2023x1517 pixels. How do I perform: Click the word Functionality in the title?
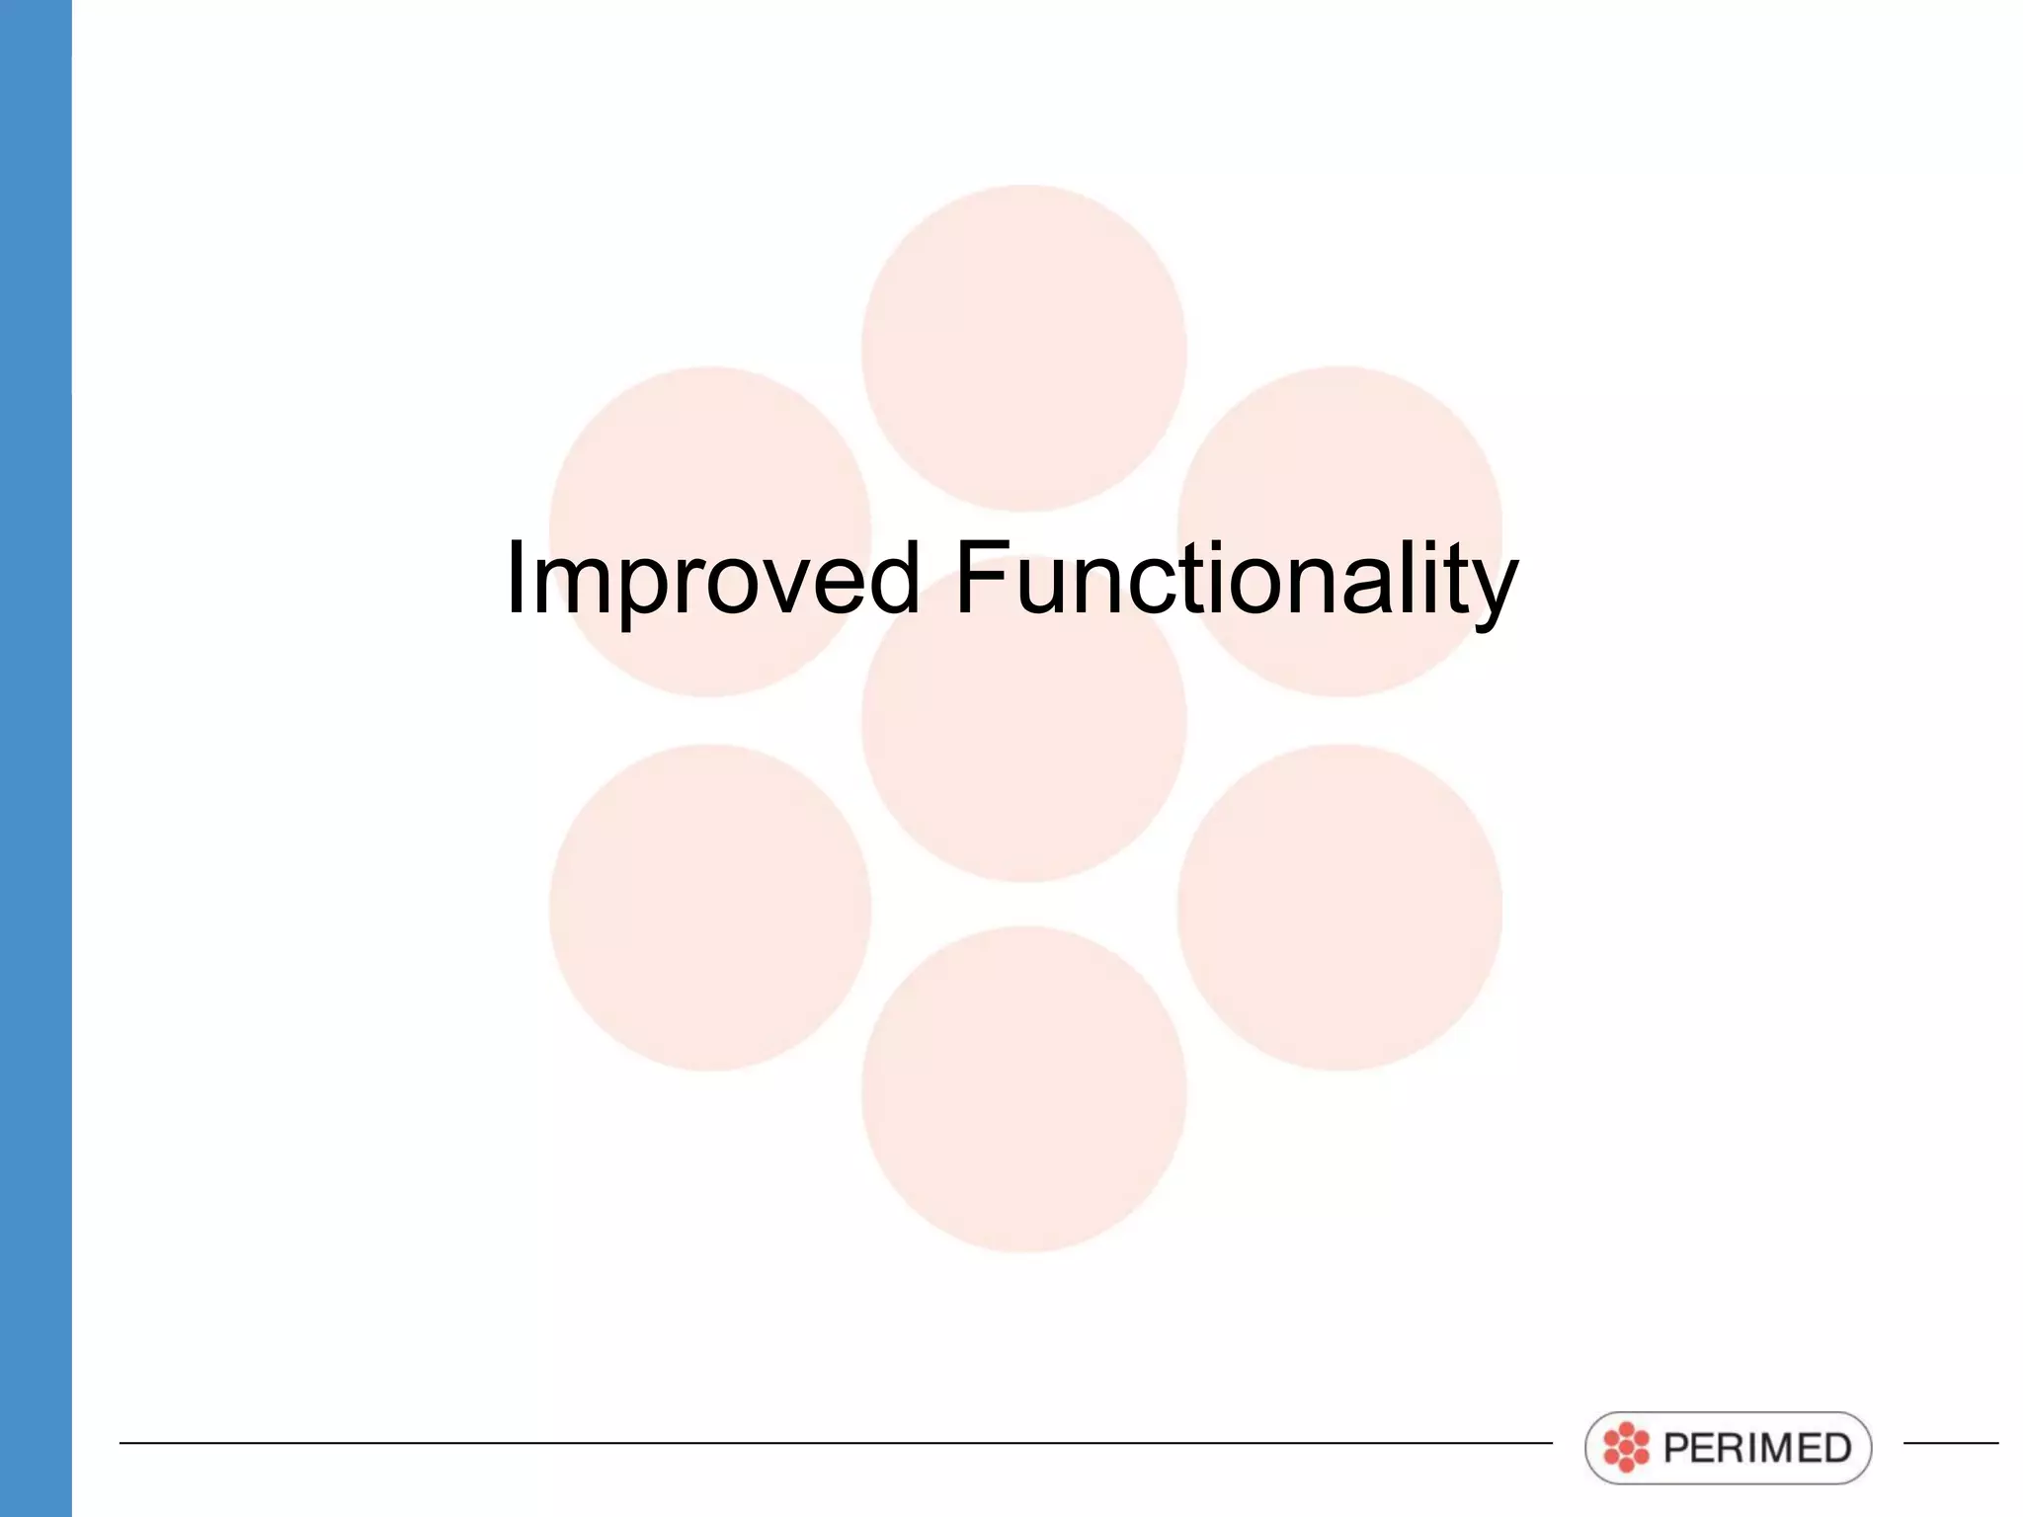coord(1236,580)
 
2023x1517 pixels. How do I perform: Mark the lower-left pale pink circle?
coord(709,908)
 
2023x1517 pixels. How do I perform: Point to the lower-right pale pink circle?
coord(1339,908)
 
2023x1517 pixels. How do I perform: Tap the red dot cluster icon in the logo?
coord(1626,1448)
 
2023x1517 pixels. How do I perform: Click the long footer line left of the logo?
coord(835,1443)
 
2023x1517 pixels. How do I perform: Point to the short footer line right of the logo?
coord(1951,1443)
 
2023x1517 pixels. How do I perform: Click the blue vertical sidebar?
coord(36,758)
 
